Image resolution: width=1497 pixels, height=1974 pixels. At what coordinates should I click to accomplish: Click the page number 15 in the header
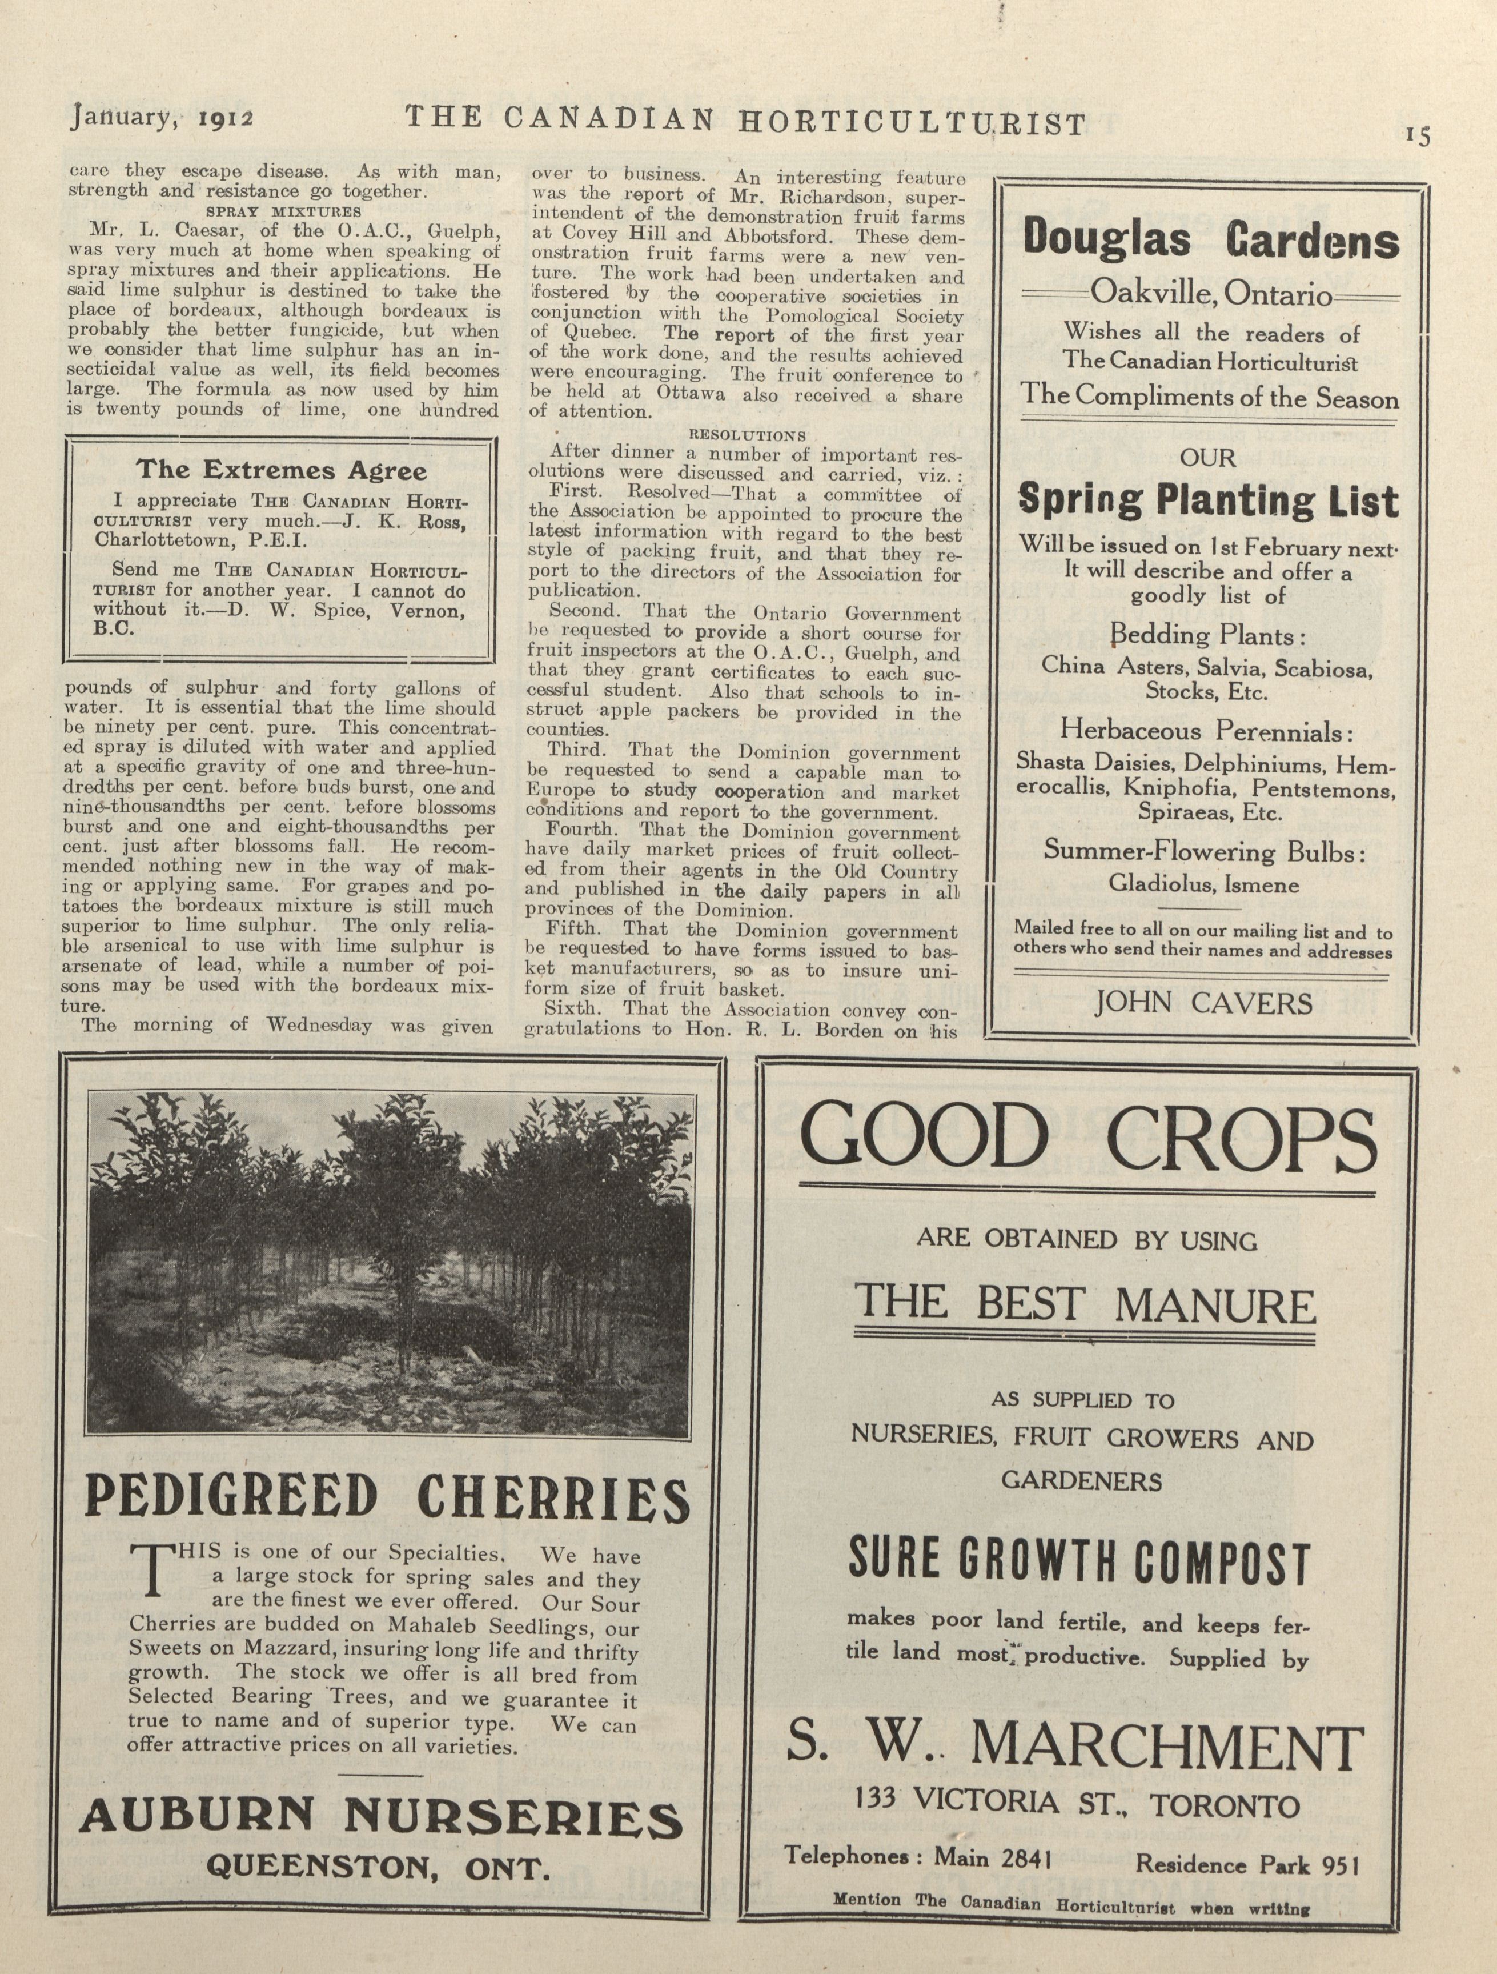click(1418, 135)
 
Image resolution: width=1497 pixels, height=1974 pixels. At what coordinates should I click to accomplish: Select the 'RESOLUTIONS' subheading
click(748, 435)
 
